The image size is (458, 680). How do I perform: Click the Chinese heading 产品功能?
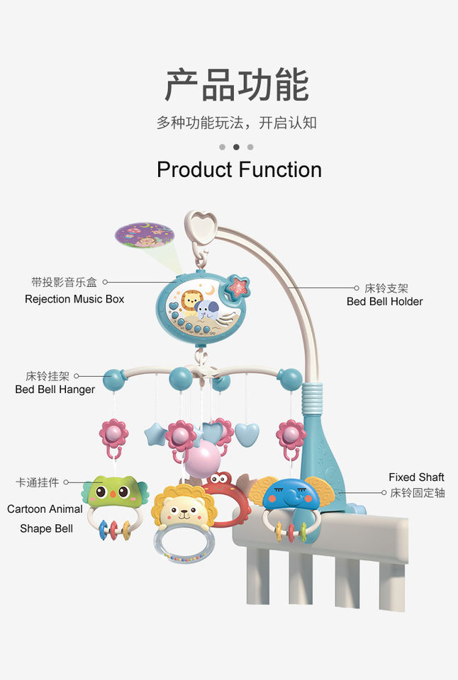point(237,85)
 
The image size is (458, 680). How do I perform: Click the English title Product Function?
point(239,170)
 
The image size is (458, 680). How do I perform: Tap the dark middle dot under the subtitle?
point(236,147)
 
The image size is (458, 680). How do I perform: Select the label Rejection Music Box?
point(74,299)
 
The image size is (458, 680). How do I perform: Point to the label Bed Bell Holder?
point(384,301)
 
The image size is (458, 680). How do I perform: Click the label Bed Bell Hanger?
point(55,390)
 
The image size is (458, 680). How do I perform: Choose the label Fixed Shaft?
point(416,477)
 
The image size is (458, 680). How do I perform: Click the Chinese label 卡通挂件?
point(38,482)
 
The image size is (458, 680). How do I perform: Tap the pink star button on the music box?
point(239,286)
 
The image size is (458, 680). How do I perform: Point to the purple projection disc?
point(145,235)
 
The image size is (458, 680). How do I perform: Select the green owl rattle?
point(115,493)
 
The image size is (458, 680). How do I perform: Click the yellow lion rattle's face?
point(184,510)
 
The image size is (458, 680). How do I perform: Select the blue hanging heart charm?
point(247,434)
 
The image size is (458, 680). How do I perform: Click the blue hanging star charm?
point(155,433)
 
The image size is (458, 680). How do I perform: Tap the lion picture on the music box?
point(191,302)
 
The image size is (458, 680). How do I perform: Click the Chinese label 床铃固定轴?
point(418,492)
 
